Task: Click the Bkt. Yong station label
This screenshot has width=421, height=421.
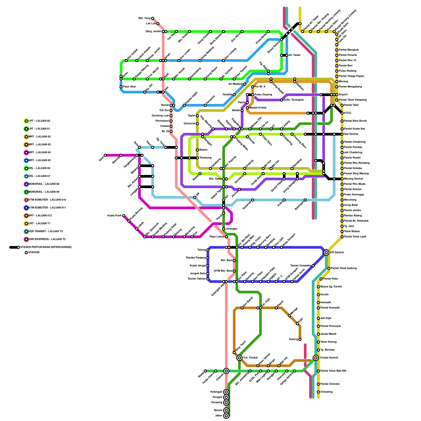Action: click(144, 18)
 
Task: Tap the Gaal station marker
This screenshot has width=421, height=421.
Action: click(105, 155)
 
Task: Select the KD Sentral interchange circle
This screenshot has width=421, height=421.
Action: click(326, 253)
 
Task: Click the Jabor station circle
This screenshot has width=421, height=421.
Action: click(226, 416)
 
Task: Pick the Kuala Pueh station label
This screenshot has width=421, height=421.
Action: click(114, 216)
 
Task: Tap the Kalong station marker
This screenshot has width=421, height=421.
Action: click(300, 339)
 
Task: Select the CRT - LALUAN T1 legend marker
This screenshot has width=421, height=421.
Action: click(26, 224)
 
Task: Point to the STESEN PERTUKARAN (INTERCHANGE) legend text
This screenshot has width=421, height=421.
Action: click(46, 247)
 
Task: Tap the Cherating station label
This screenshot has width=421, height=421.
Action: click(326, 392)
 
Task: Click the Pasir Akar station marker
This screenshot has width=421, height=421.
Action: click(121, 87)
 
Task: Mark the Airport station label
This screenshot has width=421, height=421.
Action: click(343, 95)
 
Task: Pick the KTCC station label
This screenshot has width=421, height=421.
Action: click(348, 113)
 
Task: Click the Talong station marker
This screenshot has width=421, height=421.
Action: click(208, 250)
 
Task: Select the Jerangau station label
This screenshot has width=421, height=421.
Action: click(231, 229)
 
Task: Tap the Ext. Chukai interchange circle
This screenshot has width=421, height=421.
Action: click(239, 358)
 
